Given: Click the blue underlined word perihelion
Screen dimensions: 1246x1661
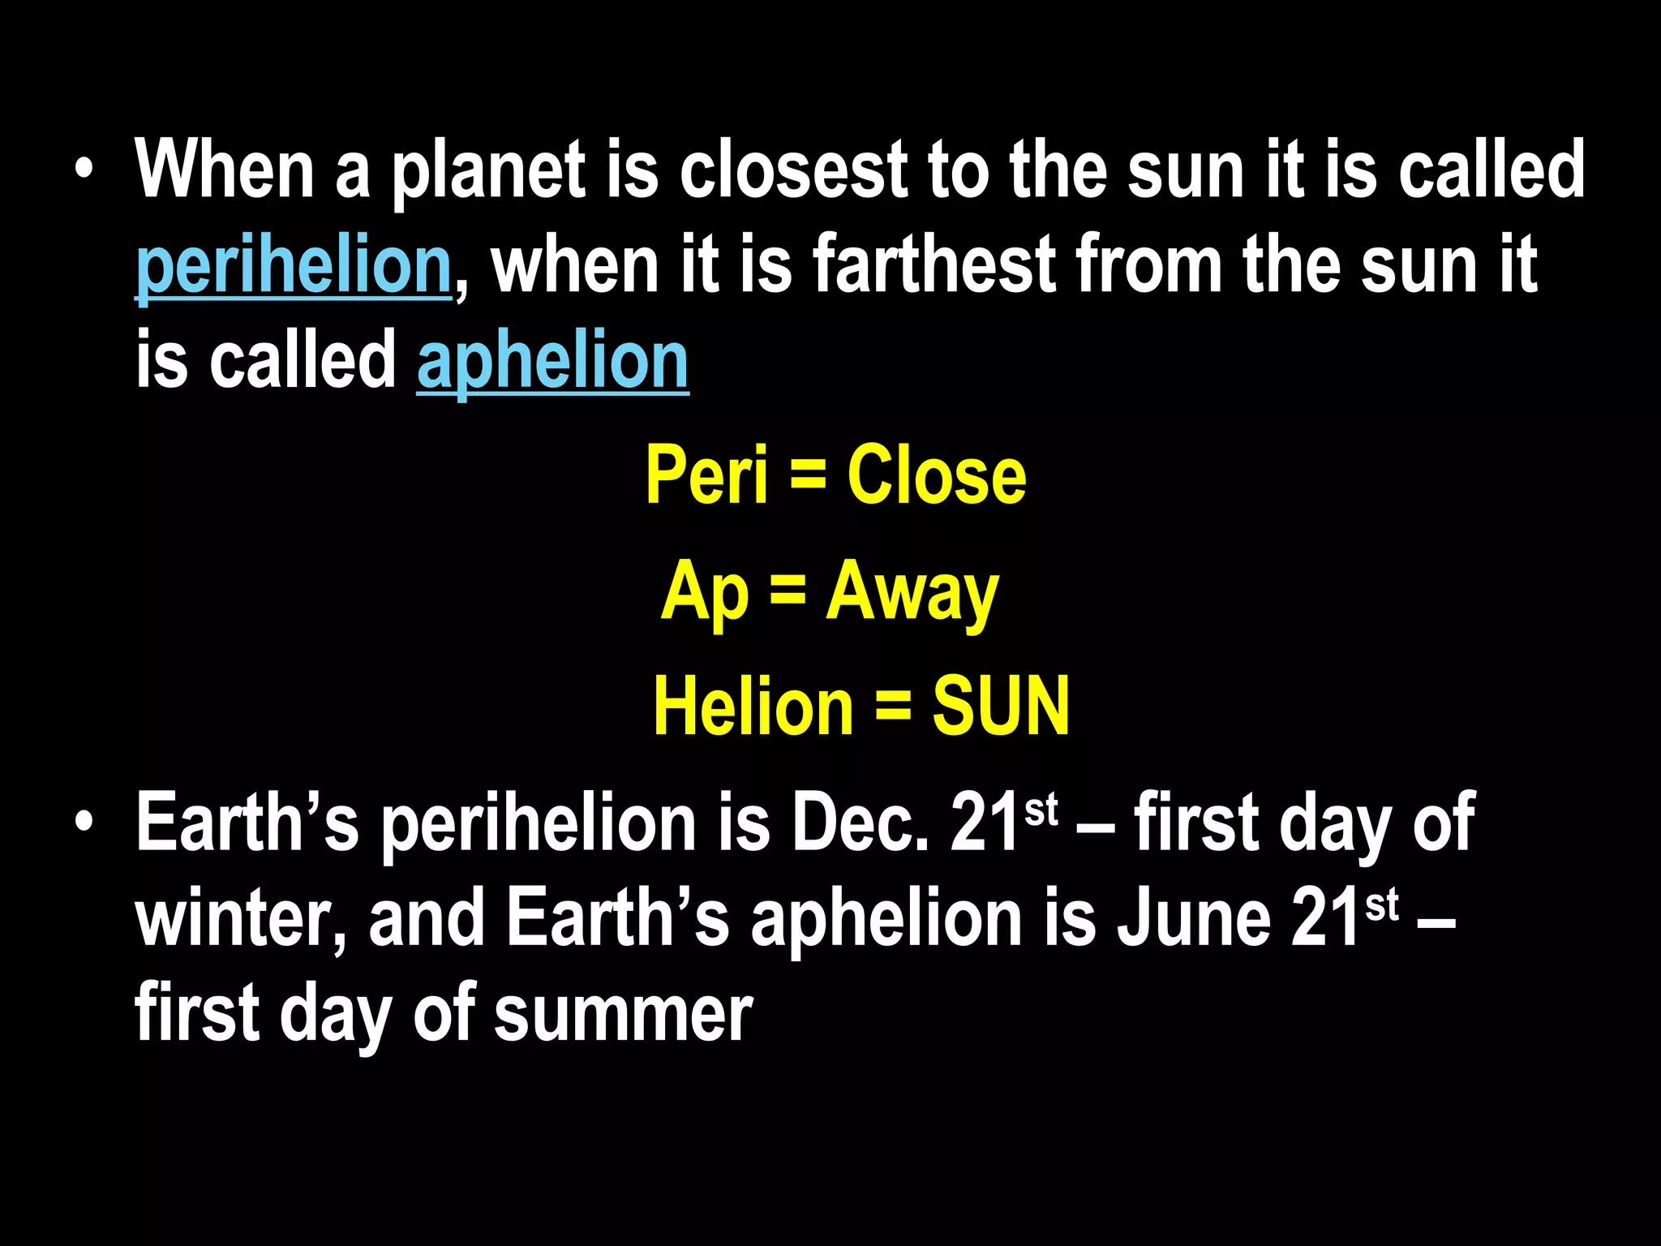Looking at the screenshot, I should click(293, 266).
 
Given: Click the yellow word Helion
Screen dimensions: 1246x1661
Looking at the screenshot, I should click(753, 707).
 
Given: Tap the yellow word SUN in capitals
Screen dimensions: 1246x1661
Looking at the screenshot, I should click(1001, 707).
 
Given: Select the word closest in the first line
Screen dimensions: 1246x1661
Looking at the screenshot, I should click(793, 170).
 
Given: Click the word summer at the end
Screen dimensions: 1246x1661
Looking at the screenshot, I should click(624, 1015).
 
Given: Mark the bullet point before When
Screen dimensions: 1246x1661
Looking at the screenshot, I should click(84, 170).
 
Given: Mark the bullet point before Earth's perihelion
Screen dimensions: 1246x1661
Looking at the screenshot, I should click(84, 824).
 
